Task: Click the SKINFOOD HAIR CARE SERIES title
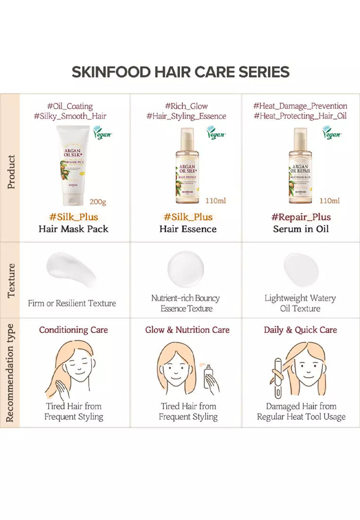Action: click(180, 72)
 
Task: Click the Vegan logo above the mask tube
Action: click(103, 133)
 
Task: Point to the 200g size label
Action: click(98, 202)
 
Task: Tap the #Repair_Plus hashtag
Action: click(301, 217)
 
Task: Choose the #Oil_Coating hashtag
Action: click(70, 106)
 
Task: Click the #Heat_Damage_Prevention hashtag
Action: click(300, 106)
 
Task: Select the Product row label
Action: click(10, 172)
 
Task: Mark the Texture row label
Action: click(10, 280)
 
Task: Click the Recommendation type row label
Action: click(10, 373)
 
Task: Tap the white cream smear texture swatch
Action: click(71, 270)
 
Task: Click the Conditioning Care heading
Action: click(73, 330)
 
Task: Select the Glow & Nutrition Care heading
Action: click(187, 330)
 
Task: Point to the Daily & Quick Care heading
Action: click(300, 330)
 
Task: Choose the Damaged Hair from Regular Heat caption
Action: click(301, 411)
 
